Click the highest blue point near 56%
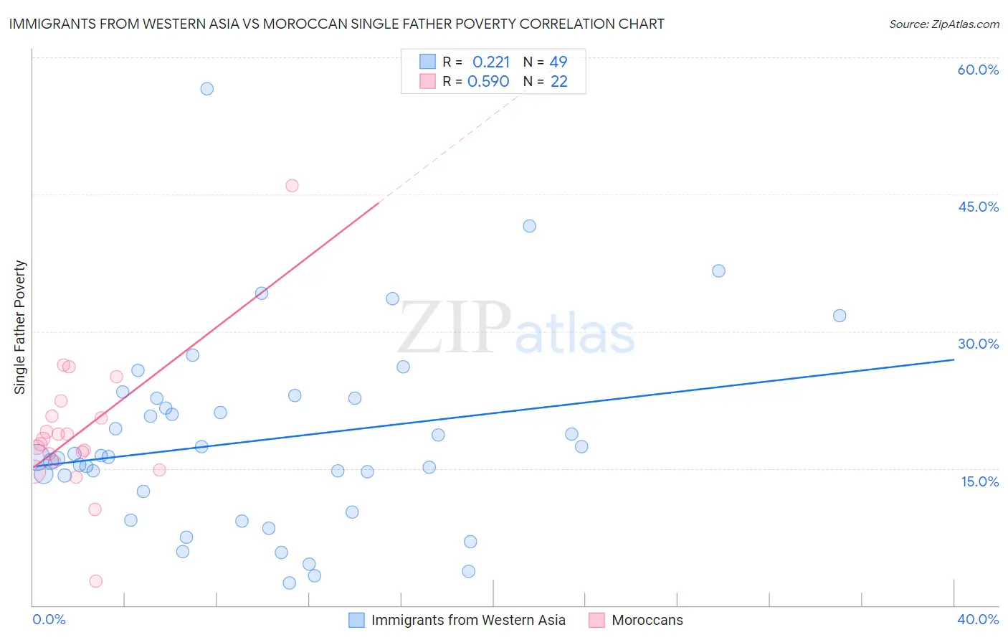[206, 89]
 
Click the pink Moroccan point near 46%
[292, 186]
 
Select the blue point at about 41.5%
[529, 226]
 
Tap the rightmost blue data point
[840, 316]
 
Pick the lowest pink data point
[95, 581]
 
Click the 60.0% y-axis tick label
[978, 70]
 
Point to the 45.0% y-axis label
[978, 207]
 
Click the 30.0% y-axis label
[978, 344]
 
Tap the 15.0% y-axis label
[979, 481]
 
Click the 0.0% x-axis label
[49, 619]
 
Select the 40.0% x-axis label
[978, 619]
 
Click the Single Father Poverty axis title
[20, 327]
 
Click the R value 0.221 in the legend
[491, 62]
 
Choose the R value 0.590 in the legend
[488, 82]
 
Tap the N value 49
[558, 62]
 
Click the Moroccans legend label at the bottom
[647, 621]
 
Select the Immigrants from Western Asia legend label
[468, 621]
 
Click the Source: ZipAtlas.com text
[943, 24]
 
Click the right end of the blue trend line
[954, 359]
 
